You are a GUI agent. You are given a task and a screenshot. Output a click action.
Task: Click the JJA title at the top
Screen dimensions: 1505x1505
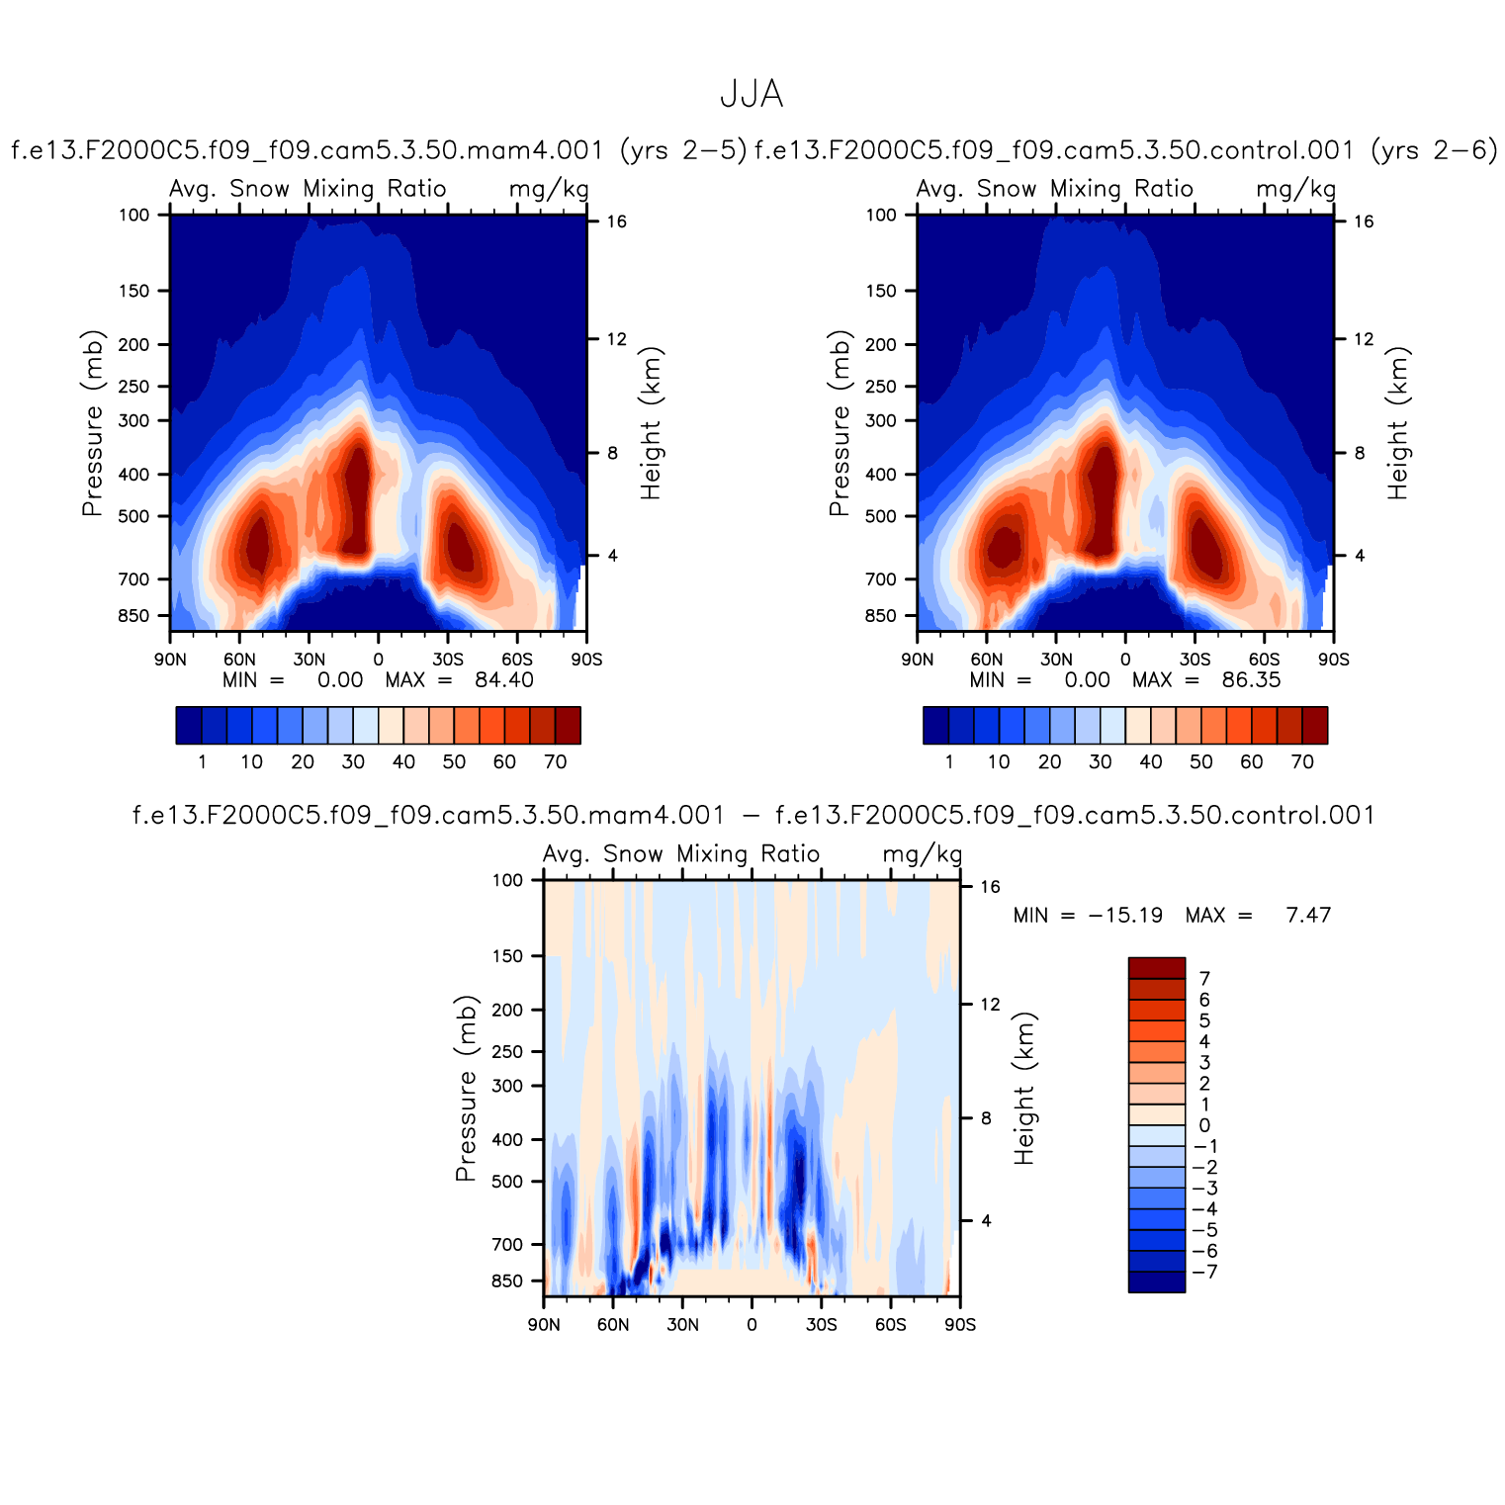752,95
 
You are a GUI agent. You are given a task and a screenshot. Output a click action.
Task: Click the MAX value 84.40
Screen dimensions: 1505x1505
503,680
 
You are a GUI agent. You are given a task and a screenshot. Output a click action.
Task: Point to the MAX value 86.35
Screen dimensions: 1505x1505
1251,680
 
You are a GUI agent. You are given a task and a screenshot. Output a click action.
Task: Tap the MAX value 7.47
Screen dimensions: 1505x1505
1308,916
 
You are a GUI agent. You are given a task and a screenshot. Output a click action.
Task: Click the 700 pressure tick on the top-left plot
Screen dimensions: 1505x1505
133,579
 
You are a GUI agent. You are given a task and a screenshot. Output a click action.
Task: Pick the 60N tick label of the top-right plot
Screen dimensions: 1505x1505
986,660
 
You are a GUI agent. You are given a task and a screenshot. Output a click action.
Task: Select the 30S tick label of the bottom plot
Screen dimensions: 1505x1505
821,1325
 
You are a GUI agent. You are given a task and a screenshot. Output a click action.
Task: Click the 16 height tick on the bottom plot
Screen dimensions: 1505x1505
990,887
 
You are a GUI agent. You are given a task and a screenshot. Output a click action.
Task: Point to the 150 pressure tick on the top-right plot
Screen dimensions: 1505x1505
880,291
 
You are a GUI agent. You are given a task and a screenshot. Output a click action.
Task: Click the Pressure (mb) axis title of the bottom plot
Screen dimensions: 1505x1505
466,1088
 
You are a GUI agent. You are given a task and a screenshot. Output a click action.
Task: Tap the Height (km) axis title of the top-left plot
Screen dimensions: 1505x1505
651,423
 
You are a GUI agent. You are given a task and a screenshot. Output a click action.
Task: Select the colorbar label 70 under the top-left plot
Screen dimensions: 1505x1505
556,762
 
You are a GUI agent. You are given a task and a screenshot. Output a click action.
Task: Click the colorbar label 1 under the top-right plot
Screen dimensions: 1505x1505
949,762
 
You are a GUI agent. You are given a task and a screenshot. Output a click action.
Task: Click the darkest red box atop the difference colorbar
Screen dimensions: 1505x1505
1156,968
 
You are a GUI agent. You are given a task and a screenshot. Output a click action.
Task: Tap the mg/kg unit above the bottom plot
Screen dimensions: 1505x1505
922,854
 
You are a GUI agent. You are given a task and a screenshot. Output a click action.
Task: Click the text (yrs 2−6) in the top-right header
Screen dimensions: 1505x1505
1434,150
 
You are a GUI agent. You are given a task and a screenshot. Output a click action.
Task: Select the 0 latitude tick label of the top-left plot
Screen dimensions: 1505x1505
378,660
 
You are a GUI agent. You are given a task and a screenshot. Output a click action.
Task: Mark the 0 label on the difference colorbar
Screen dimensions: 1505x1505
1204,1125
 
